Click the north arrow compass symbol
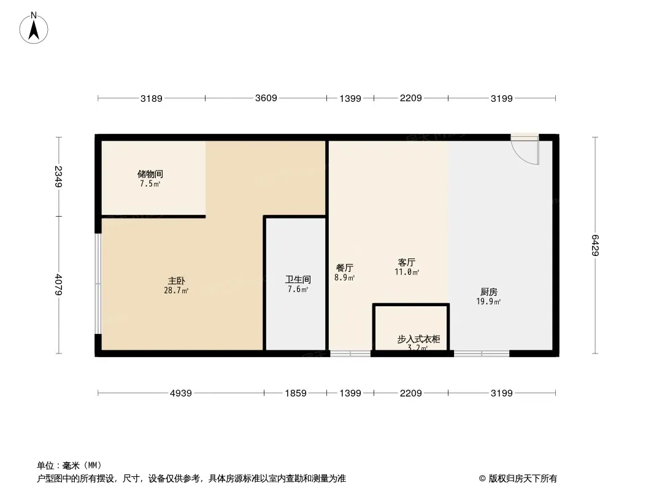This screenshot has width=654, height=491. tap(34, 28)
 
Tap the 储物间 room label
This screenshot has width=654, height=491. tap(150, 174)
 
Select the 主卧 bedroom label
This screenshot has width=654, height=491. tap(177, 280)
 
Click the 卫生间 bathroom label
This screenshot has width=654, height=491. tap(298, 279)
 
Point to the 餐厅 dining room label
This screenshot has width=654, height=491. tap(345, 268)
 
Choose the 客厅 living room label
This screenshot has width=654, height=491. tap(407, 263)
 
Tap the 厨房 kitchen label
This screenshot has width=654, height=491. tap(489, 292)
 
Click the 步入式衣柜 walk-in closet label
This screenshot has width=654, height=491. tap(418, 339)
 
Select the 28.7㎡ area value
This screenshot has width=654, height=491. tap(176, 291)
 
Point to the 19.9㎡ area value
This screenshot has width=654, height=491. tap(488, 301)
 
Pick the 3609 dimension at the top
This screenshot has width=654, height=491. tap(266, 98)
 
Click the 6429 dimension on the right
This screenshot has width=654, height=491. tap(595, 245)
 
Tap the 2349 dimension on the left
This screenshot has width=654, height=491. tap(58, 177)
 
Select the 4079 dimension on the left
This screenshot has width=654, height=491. tap(58, 285)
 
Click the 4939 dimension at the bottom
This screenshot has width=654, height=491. tap(181, 393)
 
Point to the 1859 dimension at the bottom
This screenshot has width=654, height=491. tap(296, 393)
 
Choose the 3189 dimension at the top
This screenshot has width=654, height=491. tap(152, 98)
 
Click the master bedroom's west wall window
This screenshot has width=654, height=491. tap(98, 284)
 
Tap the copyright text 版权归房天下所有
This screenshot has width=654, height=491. tap(523, 479)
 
